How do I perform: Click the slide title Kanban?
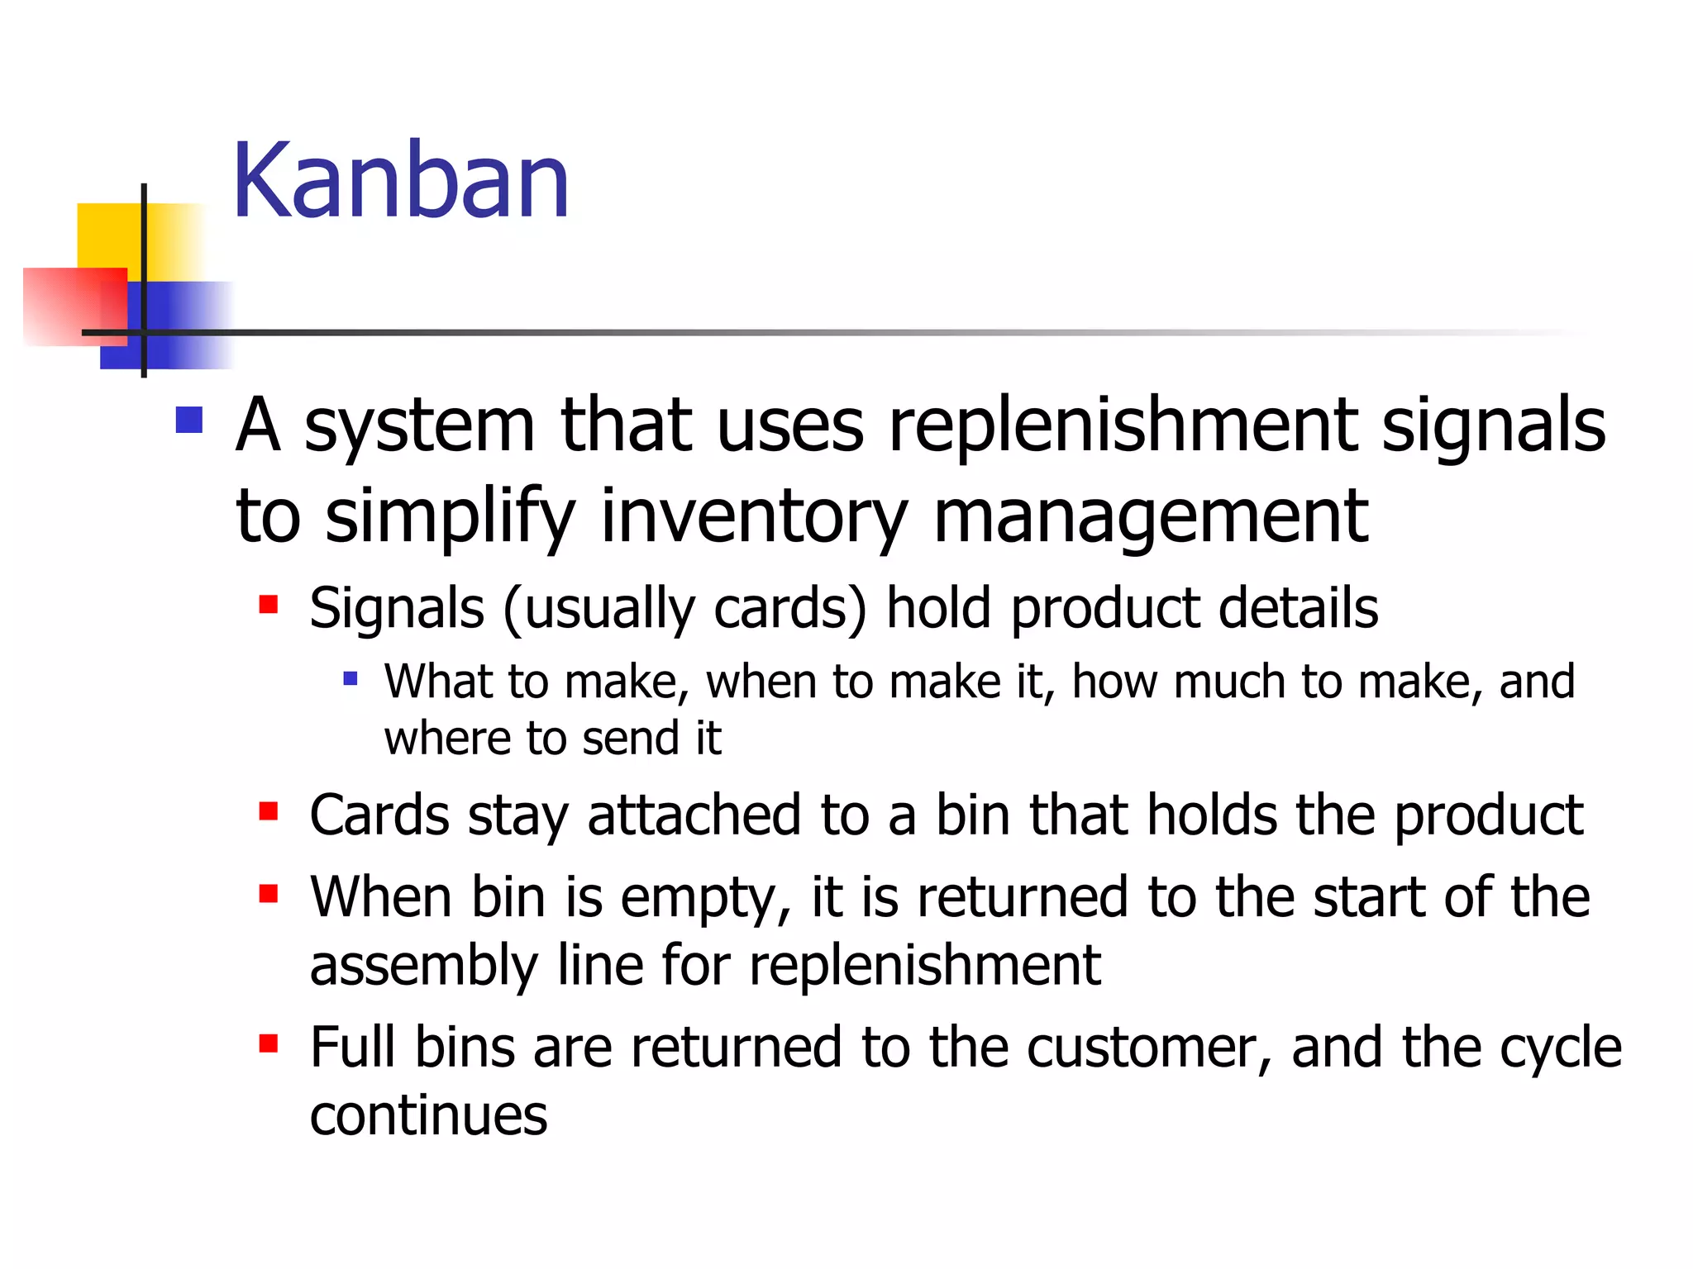401,181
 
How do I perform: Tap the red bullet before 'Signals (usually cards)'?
268,605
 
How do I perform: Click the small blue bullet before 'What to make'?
351,679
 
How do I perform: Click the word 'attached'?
694,815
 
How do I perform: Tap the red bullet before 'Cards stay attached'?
268,811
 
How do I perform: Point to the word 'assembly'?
423,966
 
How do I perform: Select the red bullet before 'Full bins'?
268,1043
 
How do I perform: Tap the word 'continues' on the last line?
428,1115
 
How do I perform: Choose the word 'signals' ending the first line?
1493,426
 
